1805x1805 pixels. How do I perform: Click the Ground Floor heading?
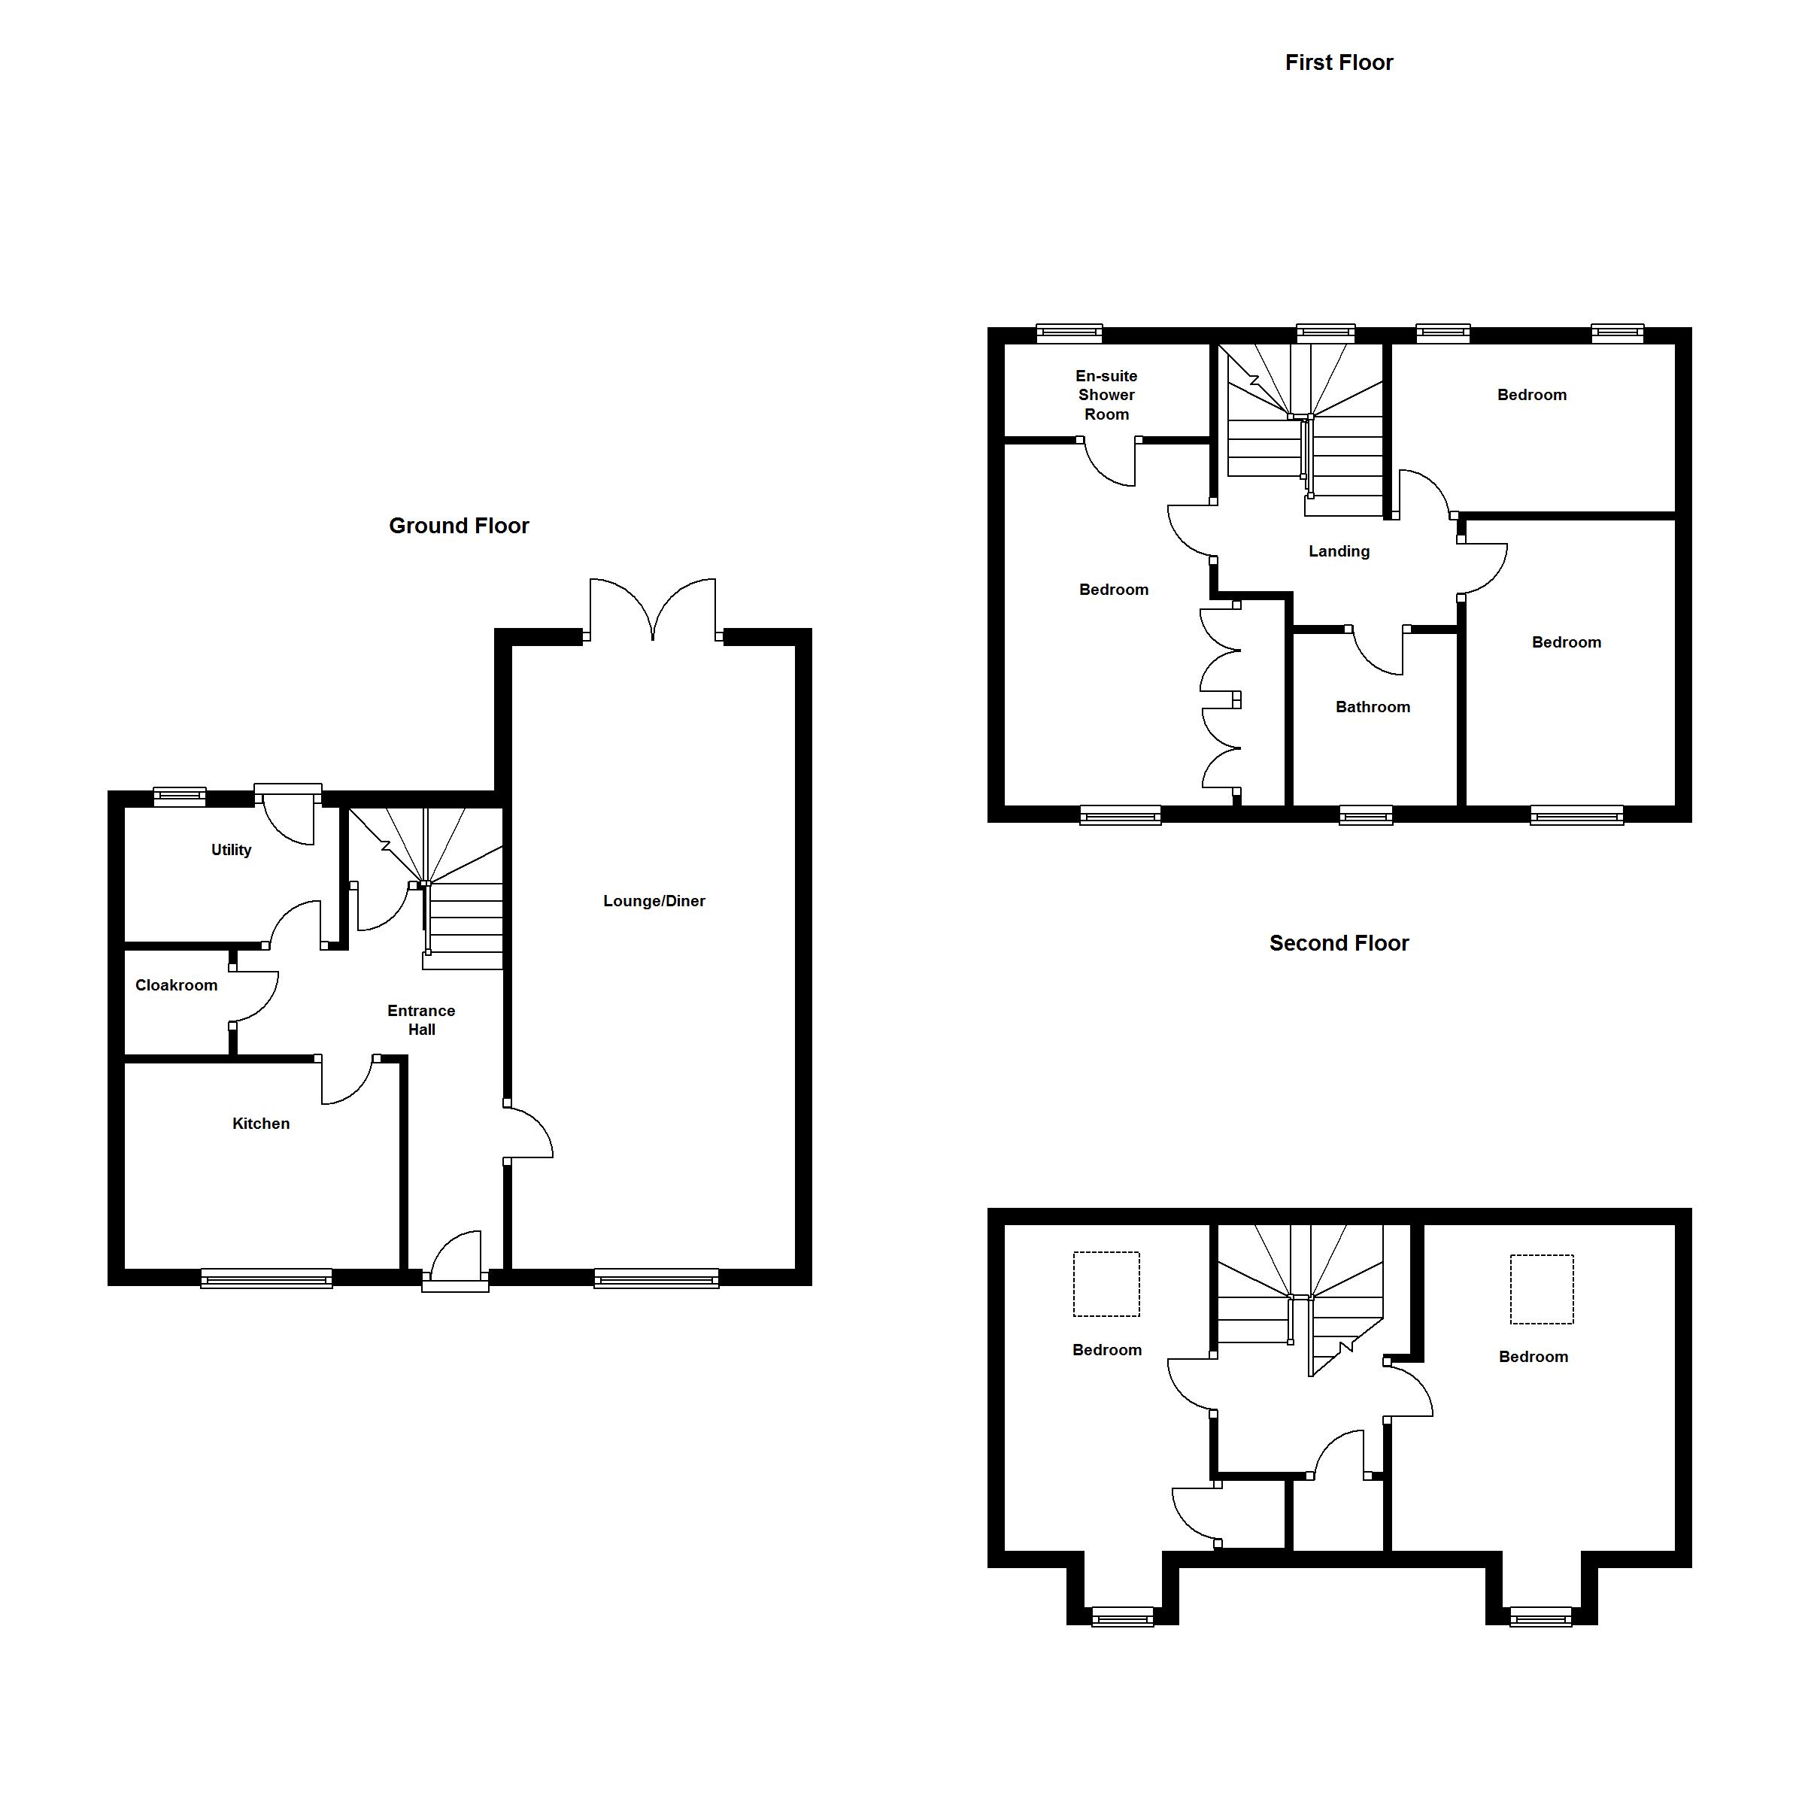point(459,526)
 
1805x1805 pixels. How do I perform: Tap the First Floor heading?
point(1339,62)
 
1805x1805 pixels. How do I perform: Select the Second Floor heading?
point(1339,944)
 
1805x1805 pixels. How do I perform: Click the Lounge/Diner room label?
point(654,901)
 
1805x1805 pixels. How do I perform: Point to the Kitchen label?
point(261,1123)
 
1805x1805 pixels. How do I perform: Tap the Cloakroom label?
point(177,984)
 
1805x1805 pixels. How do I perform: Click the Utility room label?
point(231,850)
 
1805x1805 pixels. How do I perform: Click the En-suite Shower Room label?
point(1106,395)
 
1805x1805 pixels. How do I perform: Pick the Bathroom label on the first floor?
point(1373,707)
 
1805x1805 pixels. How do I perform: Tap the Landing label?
point(1339,551)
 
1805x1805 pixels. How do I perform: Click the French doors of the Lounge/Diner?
point(653,609)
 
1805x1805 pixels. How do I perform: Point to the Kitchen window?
point(267,1277)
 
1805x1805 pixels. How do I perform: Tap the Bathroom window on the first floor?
point(1366,815)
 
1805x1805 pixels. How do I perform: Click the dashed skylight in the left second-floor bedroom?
point(1106,1284)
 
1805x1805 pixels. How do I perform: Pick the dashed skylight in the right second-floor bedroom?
point(1542,1289)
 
